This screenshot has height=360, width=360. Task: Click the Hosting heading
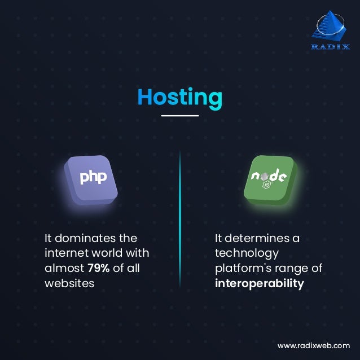(x=180, y=97)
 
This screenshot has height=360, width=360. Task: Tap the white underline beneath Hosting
(x=180, y=116)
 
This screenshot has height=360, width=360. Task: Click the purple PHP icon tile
(x=91, y=179)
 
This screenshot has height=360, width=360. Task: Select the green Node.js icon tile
(x=269, y=179)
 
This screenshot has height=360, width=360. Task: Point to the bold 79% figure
(x=98, y=268)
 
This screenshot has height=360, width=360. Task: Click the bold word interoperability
(x=259, y=283)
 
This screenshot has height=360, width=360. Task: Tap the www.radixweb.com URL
(x=313, y=345)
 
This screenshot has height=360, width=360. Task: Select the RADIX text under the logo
(x=330, y=47)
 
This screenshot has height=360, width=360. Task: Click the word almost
(x=64, y=268)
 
